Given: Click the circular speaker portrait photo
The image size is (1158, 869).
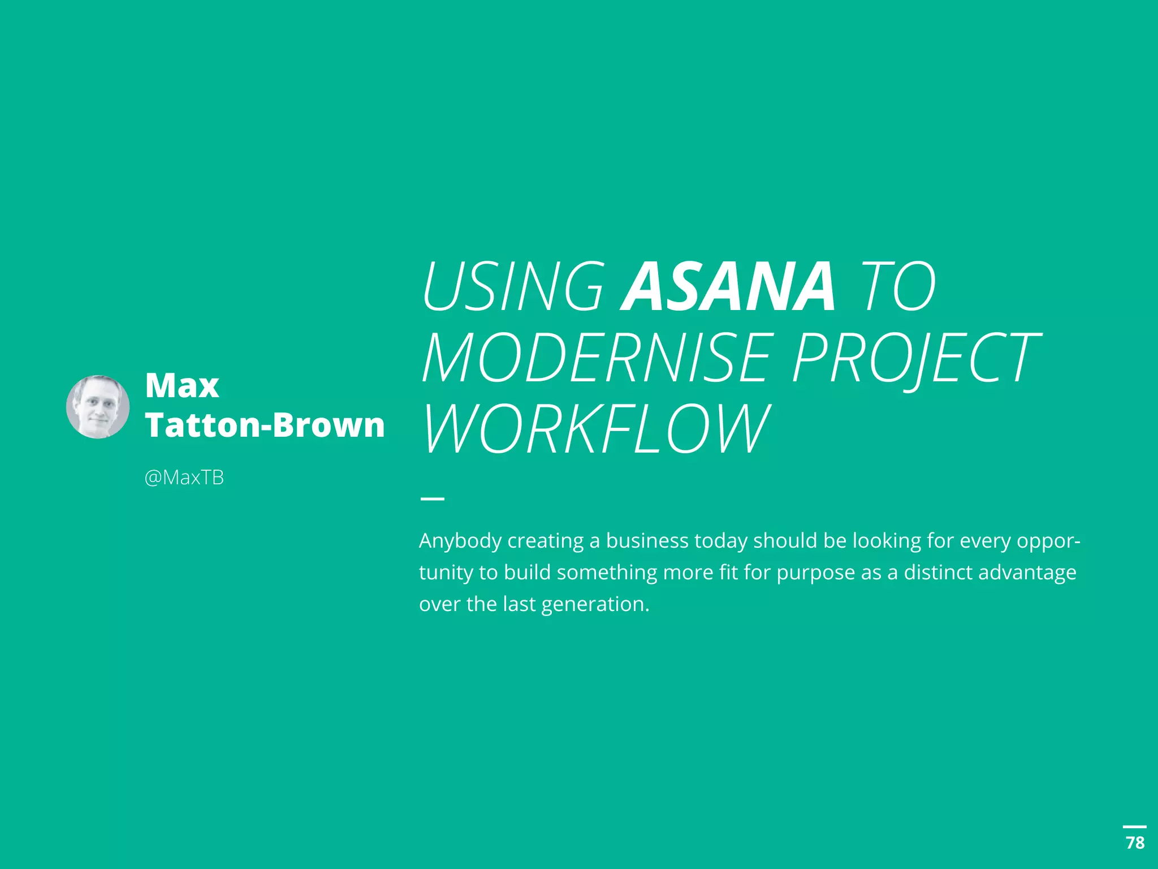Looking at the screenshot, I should tap(98, 406).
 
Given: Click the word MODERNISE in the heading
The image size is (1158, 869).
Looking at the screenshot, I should tap(597, 358).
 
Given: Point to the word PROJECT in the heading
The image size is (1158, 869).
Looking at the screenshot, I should tap(915, 358).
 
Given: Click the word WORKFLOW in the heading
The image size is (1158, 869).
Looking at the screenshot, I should tap(597, 429).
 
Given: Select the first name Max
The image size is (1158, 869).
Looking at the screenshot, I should tap(182, 386).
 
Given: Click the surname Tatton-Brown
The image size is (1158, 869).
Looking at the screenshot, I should tap(265, 425).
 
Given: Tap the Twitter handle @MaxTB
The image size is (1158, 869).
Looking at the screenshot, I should tap(184, 478).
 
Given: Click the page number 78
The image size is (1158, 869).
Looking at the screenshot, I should tap(1135, 843).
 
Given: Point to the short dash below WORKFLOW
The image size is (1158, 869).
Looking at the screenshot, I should tap(433, 498).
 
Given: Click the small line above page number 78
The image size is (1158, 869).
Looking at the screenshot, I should tap(1135, 827).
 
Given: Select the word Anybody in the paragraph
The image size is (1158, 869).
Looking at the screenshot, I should tap(460, 541).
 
